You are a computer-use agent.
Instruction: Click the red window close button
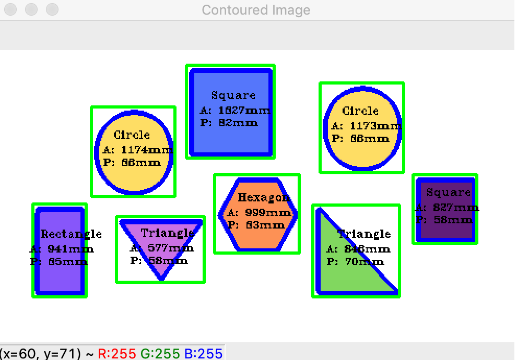pos(10,9)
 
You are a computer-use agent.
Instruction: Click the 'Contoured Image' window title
pos(256,10)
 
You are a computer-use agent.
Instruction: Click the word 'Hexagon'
pos(264,198)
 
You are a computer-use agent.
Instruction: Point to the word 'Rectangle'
pos(71,234)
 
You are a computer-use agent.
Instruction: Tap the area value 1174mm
pos(147,150)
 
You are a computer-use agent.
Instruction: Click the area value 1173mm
pos(375,126)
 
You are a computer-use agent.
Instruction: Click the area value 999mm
pos(268,213)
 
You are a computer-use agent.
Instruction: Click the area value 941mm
pos(70,249)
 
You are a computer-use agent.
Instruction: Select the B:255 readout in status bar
pos(203,353)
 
